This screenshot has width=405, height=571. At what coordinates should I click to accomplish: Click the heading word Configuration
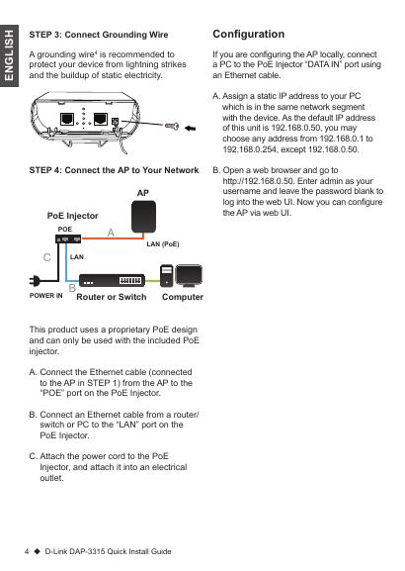249,34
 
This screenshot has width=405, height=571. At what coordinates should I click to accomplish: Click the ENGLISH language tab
9,55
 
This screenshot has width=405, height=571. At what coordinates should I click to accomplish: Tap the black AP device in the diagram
143,217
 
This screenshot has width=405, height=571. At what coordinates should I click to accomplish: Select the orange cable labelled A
113,238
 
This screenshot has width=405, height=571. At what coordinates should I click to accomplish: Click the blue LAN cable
66,262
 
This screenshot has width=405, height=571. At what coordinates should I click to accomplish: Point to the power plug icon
35,280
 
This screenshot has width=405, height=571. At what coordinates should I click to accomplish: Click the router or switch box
112,280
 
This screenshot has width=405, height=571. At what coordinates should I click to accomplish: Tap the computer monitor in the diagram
189,276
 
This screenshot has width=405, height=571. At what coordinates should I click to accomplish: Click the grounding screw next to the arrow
172,126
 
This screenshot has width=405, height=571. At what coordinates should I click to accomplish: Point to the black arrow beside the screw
190,128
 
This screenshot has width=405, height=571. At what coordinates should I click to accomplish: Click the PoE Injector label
73,216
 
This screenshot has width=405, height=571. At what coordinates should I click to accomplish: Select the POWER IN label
46,296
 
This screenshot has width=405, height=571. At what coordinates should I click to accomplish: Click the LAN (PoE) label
163,244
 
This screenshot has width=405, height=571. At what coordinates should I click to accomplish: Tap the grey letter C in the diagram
46,257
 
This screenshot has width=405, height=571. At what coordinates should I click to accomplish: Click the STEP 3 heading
99,35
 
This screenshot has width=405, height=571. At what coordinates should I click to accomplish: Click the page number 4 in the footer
27,551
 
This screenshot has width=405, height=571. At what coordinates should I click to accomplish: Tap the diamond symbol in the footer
38,551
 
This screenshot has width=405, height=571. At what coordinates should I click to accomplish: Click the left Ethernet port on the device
67,119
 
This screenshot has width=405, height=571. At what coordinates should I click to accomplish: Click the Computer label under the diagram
183,297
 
